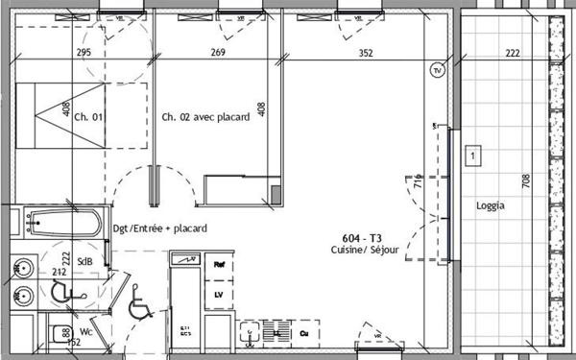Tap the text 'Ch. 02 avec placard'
tap(205, 117)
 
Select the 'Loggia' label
tap(490, 205)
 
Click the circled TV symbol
tap(437, 70)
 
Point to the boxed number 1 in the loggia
tap(472, 154)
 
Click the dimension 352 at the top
tap(365, 54)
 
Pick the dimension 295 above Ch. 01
tap(83, 54)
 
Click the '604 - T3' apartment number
tap(362, 237)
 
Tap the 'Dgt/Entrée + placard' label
tap(159, 228)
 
